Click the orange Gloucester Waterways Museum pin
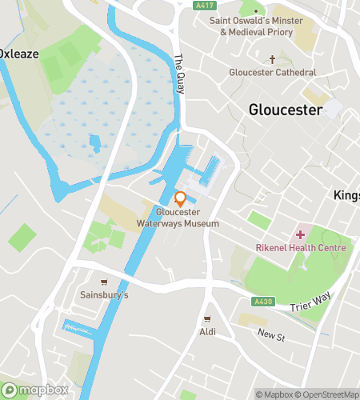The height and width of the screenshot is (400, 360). [x=181, y=198]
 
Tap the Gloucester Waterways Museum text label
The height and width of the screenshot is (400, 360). [x=187, y=218]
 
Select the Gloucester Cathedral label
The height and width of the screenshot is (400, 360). [x=272, y=73]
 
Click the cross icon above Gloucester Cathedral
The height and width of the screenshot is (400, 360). [x=272, y=59]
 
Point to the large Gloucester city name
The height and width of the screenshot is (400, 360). [x=286, y=110]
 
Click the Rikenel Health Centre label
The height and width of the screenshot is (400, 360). [x=301, y=248]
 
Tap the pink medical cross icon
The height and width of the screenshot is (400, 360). [x=301, y=234]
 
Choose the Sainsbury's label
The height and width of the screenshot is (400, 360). [x=104, y=295]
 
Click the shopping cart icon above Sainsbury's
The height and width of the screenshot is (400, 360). [x=104, y=282]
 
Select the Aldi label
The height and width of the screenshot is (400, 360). [x=207, y=331]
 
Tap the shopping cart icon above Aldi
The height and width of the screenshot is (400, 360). [x=207, y=318]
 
